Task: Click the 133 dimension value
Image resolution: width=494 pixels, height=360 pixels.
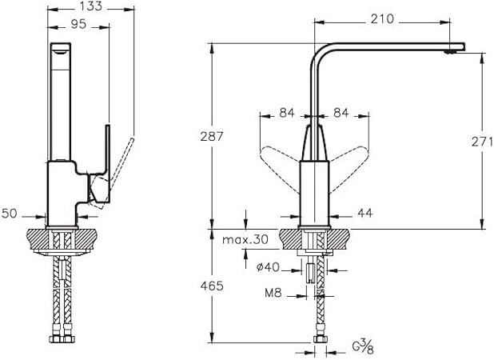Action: (x=90, y=6)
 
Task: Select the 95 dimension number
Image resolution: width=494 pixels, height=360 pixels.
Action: (x=78, y=24)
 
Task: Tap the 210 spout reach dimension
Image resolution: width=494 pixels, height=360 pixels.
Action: (x=382, y=19)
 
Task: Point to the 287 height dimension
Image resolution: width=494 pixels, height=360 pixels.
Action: (x=212, y=136)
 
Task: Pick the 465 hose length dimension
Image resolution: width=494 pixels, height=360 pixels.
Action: (x=212, y=286)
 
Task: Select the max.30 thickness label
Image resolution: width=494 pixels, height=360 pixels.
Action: (x=245, y=239)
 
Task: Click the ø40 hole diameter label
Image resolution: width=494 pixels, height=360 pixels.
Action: (x=268, y=267)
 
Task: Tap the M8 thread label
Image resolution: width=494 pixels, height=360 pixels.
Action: (x=273, y=294)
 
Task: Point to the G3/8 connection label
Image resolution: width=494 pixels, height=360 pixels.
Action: (x=363, y=347)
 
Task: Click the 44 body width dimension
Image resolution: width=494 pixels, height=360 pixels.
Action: (x=365, y=213)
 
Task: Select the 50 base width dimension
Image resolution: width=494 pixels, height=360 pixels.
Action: (x=9, y=214)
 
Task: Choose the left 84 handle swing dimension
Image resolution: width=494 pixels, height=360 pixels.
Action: (x=287, y=113)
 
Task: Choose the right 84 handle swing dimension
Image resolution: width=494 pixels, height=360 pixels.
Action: (x=341, y=113)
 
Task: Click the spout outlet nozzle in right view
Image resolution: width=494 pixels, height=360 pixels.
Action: (x=449, y=52)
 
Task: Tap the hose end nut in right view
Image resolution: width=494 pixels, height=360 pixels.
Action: (x=321, y=339)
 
